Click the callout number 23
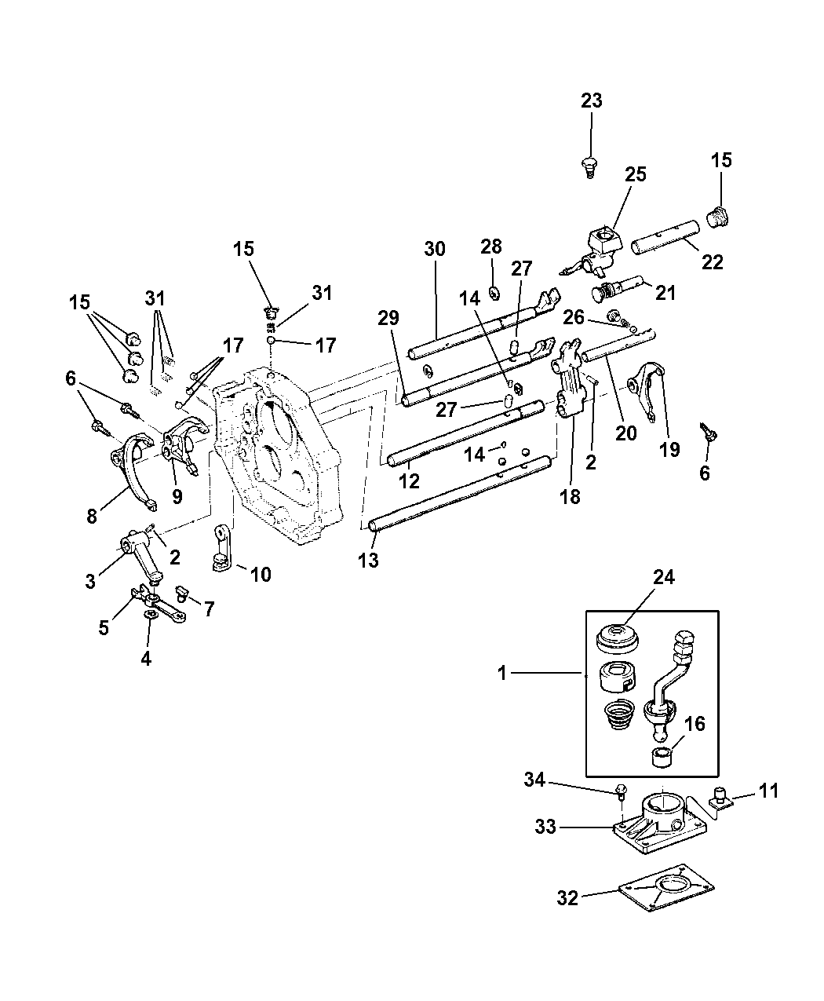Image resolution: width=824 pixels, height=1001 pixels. click(x=592, y=100)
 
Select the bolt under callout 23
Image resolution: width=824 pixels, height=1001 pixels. click(x=590, y=168)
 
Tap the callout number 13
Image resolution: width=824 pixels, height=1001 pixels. click(x=368, y=560)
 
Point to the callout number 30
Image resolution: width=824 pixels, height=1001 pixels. click(x=435, y=249)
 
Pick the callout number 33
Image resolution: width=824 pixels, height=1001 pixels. click(x=545, y=827)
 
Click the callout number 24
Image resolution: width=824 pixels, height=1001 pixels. click(x=664, y=578)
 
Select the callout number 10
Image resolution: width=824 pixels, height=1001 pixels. click(x=261, y=574)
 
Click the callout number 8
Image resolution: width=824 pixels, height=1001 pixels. click(x=92, y=517)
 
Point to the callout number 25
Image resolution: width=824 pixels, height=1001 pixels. click(x=636, y=174)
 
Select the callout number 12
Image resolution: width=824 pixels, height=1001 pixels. click(x=409, y=481)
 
